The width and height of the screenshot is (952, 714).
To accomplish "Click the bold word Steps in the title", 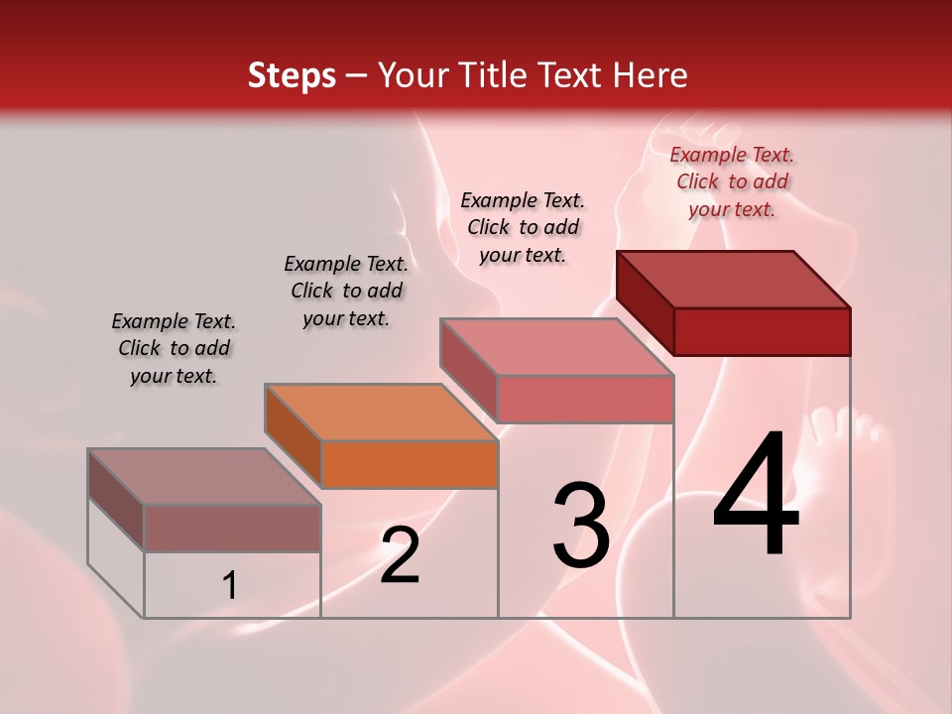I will coord(292,75).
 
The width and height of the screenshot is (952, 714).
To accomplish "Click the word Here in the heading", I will coord(652,75).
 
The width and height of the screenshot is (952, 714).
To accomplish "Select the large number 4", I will coord(757,496).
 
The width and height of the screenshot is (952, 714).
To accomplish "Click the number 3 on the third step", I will coord(581,525).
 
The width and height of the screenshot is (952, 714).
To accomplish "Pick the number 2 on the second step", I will coord(400,555).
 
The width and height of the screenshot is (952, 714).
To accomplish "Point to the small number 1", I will coord(230,586).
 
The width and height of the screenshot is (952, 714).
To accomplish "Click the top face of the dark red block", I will coord(734,280).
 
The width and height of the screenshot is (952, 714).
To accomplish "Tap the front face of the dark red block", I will coord(762,331).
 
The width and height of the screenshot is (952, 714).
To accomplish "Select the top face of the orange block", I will coord(381,412).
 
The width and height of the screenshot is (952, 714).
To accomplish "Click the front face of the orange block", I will coord(410,464).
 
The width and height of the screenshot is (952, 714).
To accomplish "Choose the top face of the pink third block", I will coord(557,347).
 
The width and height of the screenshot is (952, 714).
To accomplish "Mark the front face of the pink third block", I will coord(585,399).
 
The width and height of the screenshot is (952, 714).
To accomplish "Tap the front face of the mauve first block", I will coord(232,528).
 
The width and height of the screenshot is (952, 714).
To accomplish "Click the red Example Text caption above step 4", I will coord(732,181).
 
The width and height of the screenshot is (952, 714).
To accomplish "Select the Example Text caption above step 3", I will coord(523,227).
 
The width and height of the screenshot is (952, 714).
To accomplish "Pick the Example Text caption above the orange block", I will coord(346,291).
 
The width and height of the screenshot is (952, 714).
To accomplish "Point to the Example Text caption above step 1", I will coord(174,348).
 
